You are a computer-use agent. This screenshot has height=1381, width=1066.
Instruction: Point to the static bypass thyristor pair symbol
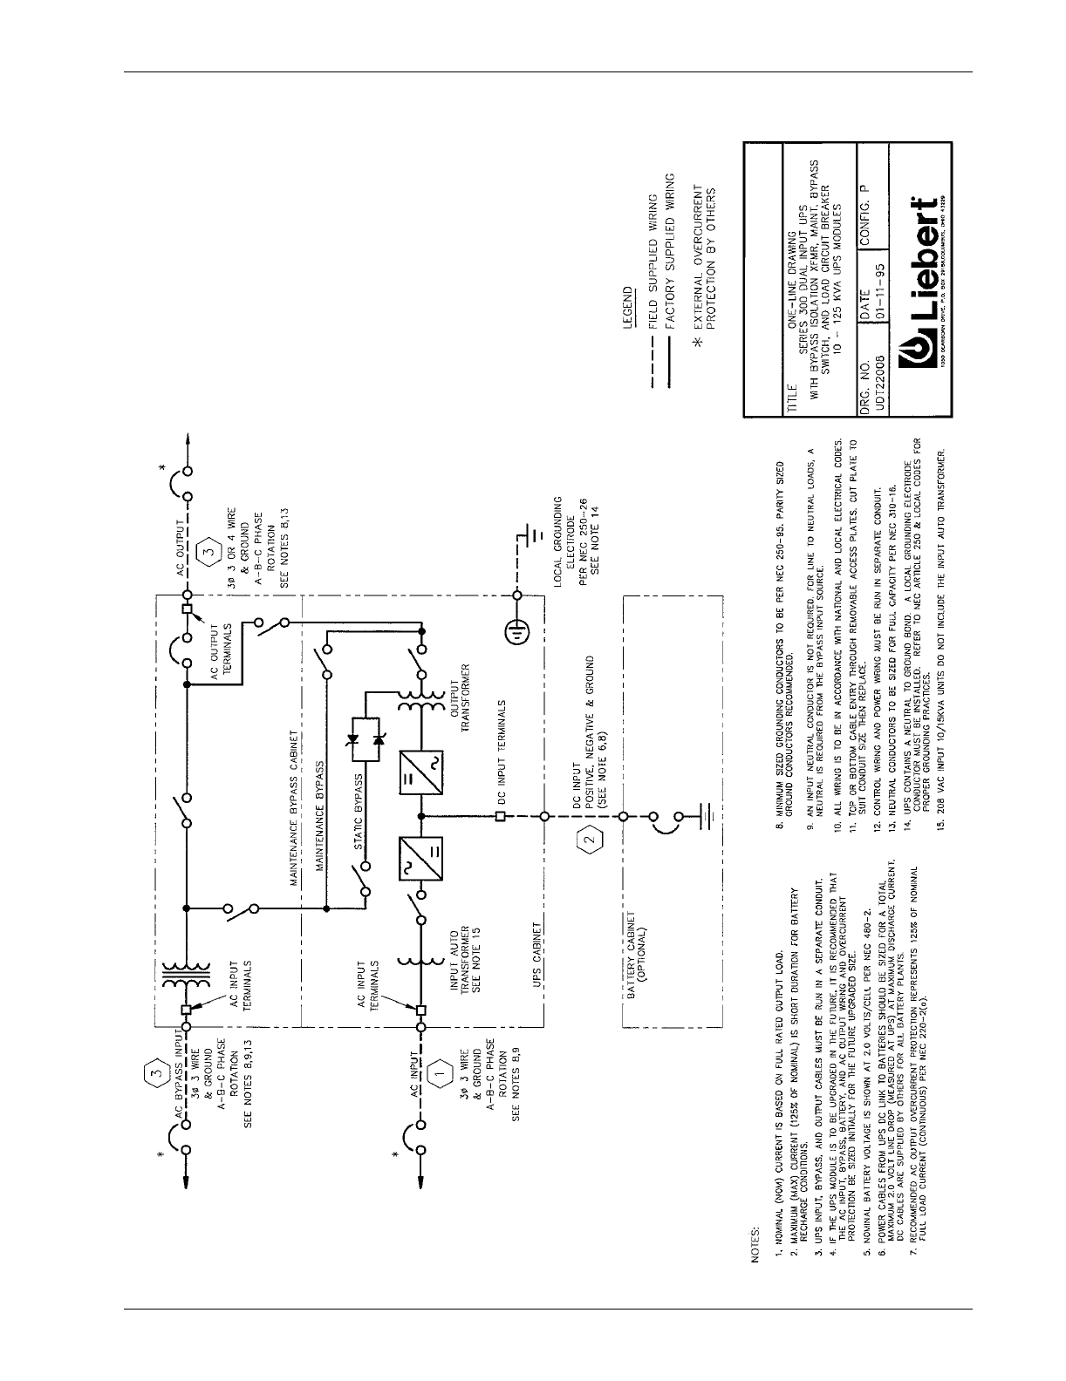tap(367, 720)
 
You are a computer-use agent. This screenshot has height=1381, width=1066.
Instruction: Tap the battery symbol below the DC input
tap(707, 816)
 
